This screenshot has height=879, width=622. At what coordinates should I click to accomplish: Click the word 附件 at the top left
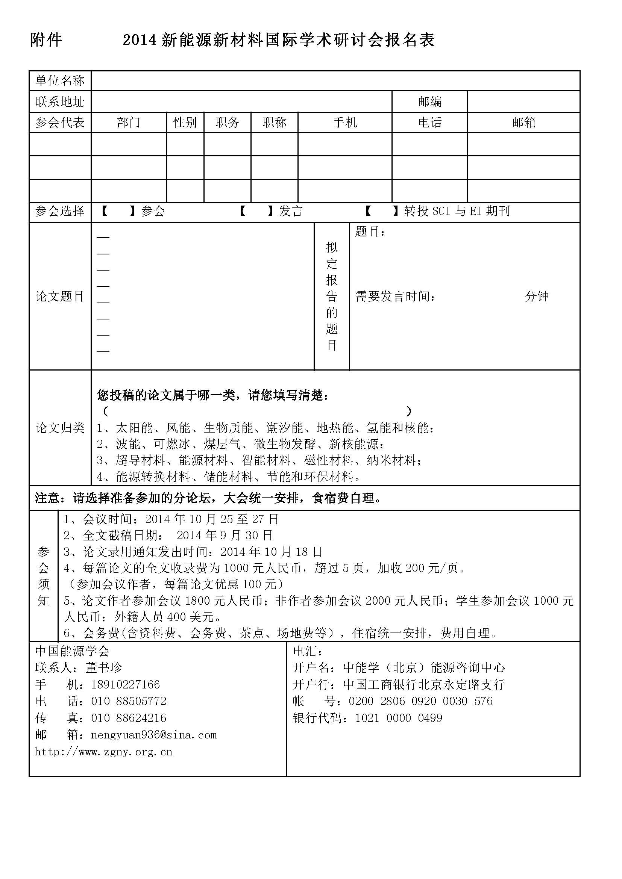(46, 40)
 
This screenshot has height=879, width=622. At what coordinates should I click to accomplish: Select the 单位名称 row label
(60, 81)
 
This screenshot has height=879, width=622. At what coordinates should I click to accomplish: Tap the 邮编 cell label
(430, 102)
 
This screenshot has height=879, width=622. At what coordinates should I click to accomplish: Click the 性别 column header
(185, 123)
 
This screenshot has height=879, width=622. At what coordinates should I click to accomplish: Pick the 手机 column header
(345, 123)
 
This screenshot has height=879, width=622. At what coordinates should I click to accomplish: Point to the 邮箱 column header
(523, 123)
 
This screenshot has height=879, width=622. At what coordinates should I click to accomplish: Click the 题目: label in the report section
(370, 231)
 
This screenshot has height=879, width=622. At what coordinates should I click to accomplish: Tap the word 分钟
(537, 296)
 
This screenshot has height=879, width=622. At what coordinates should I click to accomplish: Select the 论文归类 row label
(60, 428)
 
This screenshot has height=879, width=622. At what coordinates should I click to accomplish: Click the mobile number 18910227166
(125, 684)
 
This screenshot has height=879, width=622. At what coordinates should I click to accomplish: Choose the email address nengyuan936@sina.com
(154, 735)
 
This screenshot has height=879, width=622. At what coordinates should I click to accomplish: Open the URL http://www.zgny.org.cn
(103, 752)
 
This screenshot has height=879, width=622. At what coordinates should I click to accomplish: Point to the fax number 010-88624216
(129, 718)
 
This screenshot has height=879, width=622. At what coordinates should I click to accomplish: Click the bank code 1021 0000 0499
(399, 718)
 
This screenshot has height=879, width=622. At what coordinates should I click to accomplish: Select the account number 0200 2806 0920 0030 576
(420, 701)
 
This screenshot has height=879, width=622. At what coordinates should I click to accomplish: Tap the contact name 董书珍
(103, 667)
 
